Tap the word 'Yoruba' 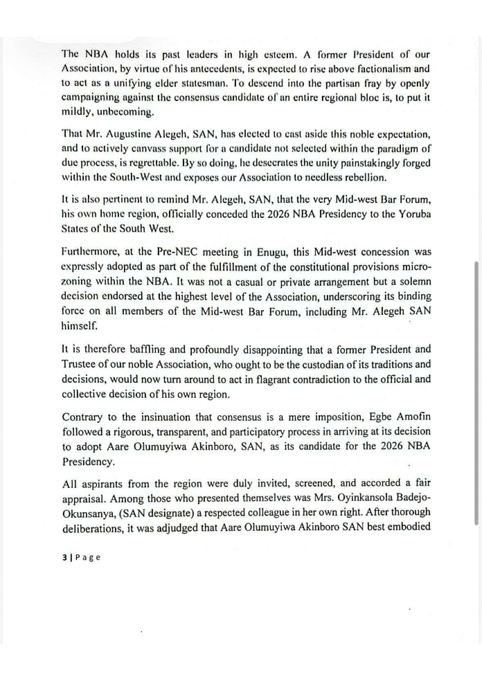(x=411, y=214)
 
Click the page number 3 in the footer (x=63, y=557)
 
